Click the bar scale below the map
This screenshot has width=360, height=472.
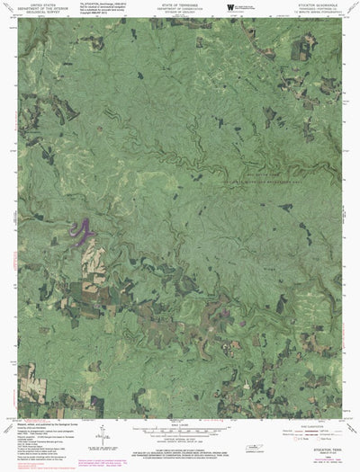click(179, 429)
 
